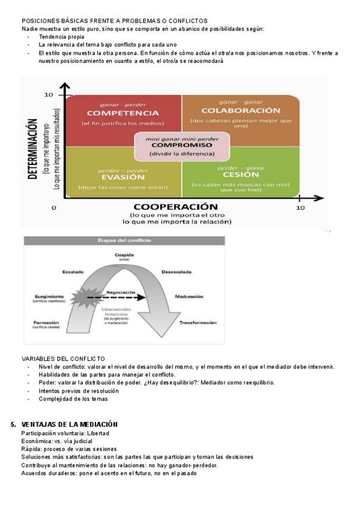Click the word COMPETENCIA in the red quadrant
[x=118, y=113]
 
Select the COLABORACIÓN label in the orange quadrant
[x=241, y=110]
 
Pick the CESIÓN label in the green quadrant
[x=241, y=175]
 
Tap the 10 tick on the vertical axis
[x=49, y=95]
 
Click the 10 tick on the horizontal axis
[x=301, y=208]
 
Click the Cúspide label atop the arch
[x=124, y=256]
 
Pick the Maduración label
[x=189, y=297]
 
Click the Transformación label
[x=197, y=322]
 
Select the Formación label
[x=46, y=322]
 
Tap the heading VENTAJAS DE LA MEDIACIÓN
[x=69, y=424]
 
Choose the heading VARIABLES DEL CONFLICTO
[x=63, y=358]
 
